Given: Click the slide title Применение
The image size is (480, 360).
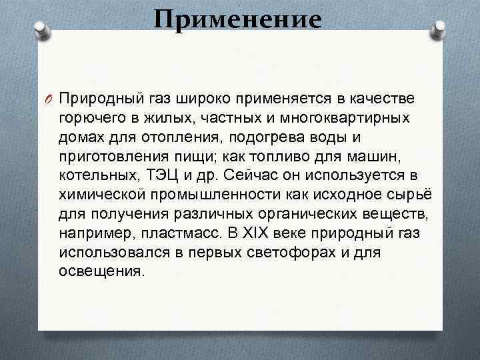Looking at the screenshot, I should (237, 19).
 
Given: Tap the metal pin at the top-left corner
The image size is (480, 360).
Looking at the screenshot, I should (42, 30).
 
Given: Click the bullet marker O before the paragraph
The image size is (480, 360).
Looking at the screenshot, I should (49, 99).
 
